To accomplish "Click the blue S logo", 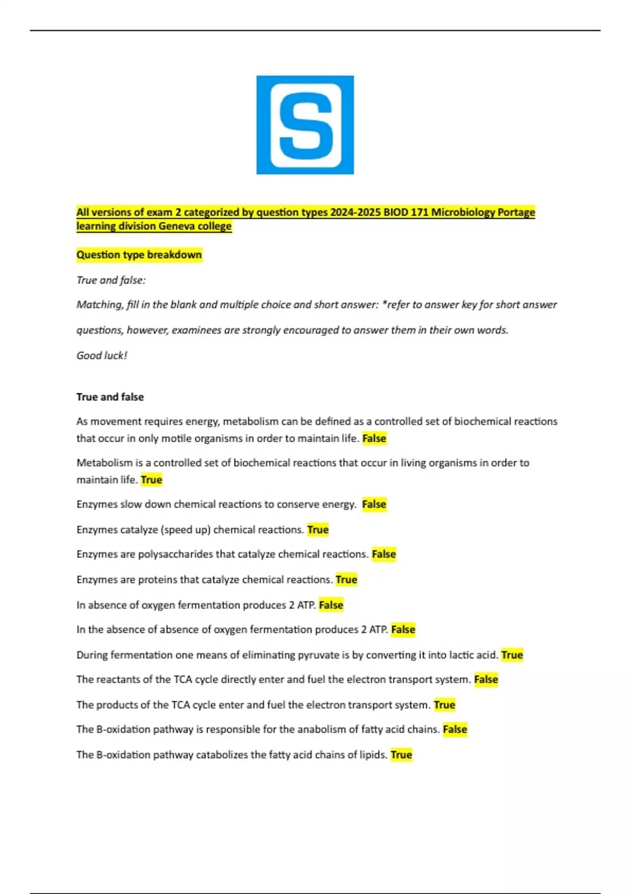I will pos(305,125).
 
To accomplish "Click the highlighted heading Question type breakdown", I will pos(139,255).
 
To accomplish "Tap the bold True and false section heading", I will pos(110,397).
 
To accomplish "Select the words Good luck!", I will pos(102,355).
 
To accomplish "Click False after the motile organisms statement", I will pos(374,439).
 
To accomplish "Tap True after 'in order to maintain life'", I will pos(151,480).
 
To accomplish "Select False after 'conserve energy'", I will pos(374,504).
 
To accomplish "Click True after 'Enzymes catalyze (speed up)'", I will pos(318,530).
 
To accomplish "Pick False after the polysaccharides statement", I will pos(384,554).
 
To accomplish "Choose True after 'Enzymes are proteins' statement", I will pos(347,580).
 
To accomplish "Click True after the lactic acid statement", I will pos(512,655).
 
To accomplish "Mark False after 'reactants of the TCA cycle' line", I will pos(486,679).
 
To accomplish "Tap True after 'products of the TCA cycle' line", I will pos(444,705).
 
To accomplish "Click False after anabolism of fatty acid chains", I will pos(455,729).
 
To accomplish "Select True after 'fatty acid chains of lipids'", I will pos(401,755).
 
